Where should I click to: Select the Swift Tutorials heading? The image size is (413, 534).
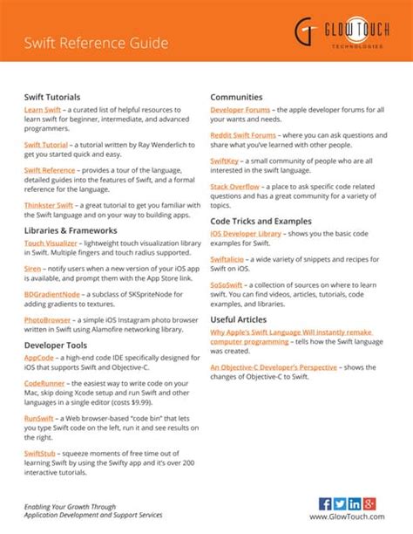pos(52,97)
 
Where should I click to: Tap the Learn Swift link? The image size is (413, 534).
pos(41,110)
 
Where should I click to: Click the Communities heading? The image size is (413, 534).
pos(236,97)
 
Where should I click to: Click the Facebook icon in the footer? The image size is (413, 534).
pos(325,503)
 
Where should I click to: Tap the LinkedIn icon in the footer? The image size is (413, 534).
pos(354,503)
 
